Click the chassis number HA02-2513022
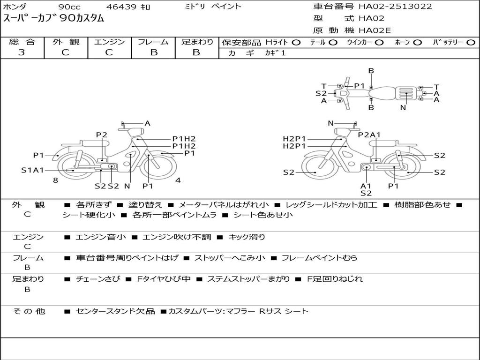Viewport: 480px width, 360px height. pyautogui.click(x=395, y=6)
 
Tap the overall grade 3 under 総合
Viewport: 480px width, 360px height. pyautogui.click(x=22, y=52)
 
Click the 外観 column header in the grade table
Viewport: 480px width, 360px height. pyautogui.click(x=66, y=42)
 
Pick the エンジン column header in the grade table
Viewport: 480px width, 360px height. pyautogui.click(x=109, y=42)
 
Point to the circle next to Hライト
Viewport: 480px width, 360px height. pyautogui.click(x=296, y=43)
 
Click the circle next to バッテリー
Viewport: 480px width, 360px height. pyautogui.click(x=471, y=43)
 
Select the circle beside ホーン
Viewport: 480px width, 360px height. pyautogui.click(x=418, y=43)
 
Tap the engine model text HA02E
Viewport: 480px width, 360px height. pyautogui.click(x=375, y=30)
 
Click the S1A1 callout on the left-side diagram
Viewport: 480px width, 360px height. pyautogui.click(x=32, y=170)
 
